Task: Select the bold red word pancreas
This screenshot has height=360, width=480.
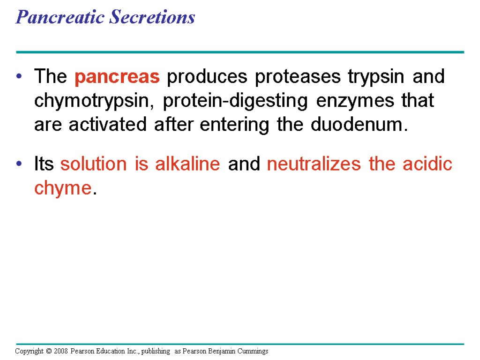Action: point(117,77)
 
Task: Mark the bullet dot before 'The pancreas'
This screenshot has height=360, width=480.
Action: point(19,77)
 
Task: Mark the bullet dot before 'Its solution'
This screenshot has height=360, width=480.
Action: point(19,165)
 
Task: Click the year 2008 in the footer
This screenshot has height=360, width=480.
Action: point(60,351)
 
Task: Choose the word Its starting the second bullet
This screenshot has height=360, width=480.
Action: point(44,164)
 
